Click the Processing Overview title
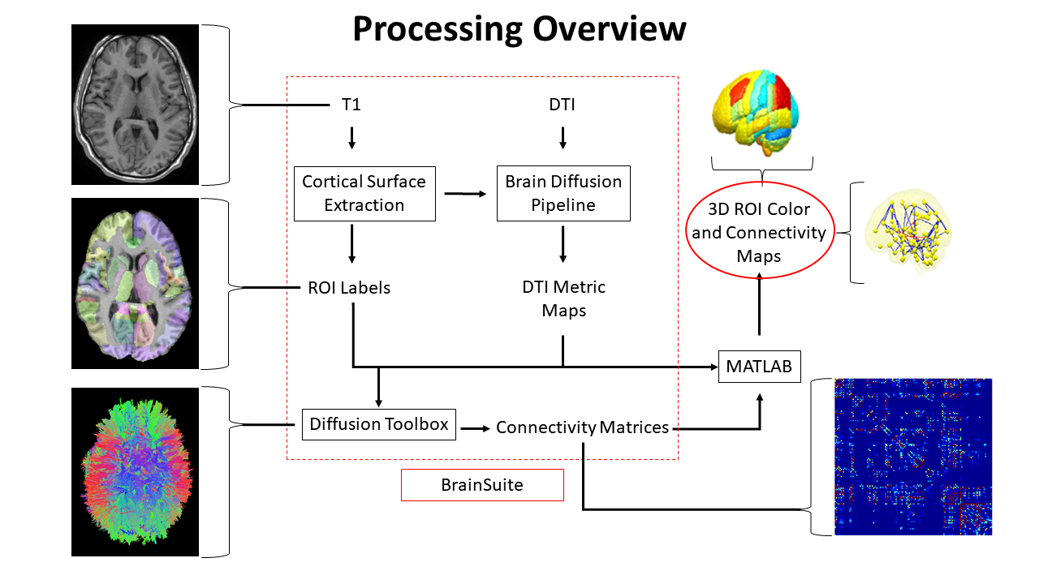(x=519, y=29)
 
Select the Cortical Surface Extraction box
(x=364, y=194)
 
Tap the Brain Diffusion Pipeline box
(x=563, y=194)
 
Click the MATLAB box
(x=759, y=367)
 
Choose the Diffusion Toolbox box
(x=379, y=424)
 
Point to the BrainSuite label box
(x=482, y=485)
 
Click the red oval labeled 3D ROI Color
(x=759, y=233)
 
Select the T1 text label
(x=351, y=105)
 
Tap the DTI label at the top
(x=563, y=105)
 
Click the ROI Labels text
(x=349, y=287)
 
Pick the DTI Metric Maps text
(x=563, y=298)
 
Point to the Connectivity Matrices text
(x=583, y=427)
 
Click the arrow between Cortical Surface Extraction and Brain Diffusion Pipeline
(x=465, y=193)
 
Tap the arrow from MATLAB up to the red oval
(x=759, y=304)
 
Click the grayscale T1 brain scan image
(x=135, y=105)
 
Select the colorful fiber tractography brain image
(x=135, y=471)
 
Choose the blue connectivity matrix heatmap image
(x=913, y=457)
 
